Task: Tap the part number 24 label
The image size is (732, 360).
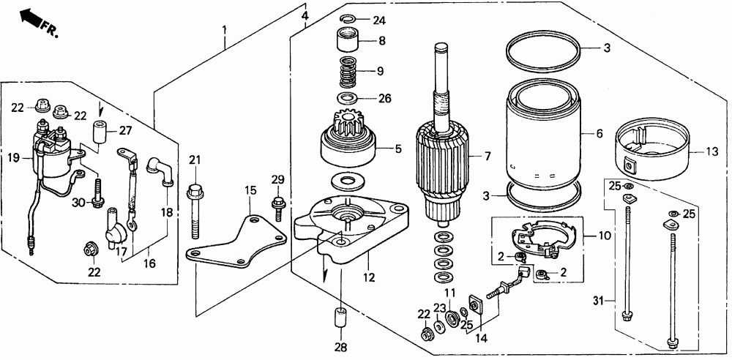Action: (x=378, y=20)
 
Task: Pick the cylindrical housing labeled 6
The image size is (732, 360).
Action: (x=545, y=135)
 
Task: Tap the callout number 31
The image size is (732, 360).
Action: (x=598, y=301)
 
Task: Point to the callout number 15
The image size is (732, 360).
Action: (x=250, y=191)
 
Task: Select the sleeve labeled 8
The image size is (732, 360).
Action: (x=351, y=40)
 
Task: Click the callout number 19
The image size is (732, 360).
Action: (x=13, y=157)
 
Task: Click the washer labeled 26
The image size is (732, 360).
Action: (x=348, y=97)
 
